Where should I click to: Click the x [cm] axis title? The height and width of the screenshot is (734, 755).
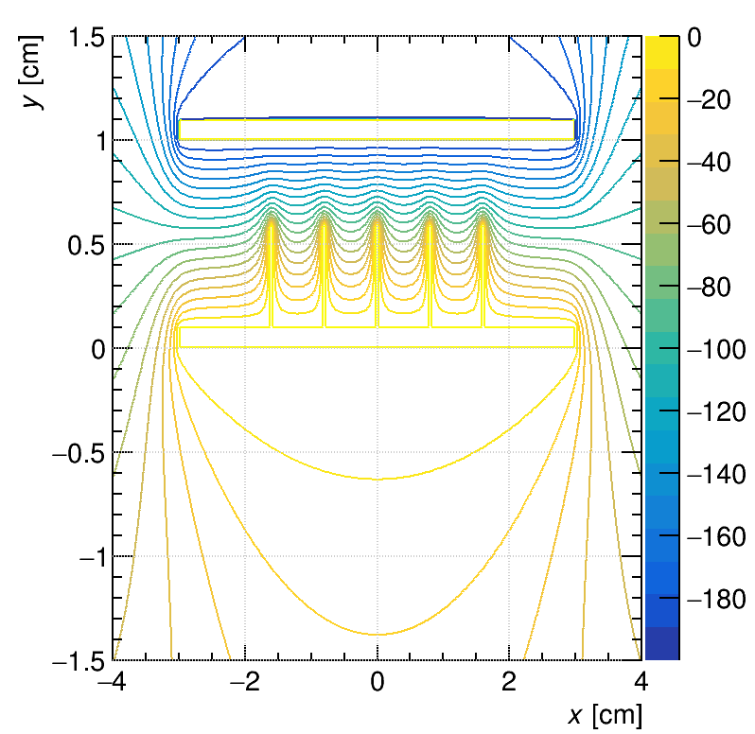605,715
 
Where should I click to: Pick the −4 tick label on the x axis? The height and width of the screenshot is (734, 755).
113,681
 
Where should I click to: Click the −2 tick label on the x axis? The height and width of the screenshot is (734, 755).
245,681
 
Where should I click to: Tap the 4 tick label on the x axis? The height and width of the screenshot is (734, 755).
641,681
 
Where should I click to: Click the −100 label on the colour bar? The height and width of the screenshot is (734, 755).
715,350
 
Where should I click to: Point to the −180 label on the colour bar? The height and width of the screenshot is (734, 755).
715,600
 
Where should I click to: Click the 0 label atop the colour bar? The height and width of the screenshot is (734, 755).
694,39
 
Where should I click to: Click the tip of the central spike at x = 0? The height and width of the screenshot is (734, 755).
377,219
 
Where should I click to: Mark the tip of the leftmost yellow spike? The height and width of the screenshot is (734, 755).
272,219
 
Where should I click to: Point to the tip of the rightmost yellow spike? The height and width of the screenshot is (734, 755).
483,219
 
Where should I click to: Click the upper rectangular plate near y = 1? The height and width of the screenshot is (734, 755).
377,130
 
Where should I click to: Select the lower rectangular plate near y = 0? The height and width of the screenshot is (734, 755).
377,338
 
